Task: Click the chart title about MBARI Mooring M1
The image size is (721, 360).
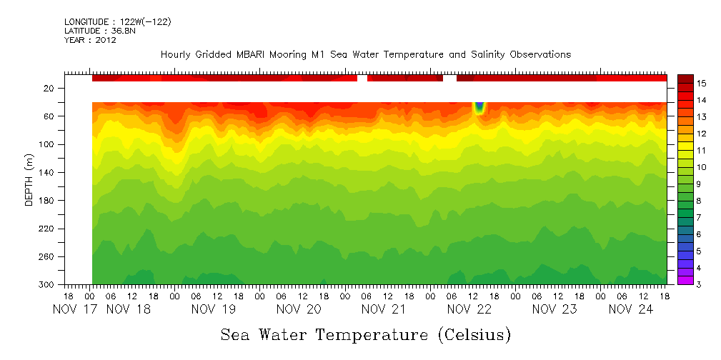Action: pyautogui.click(x=366, y=55)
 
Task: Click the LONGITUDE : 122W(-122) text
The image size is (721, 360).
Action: pyautogui.click(x=117, y=22)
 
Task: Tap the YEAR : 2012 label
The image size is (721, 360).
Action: pyautogui.click(x=90, y=40)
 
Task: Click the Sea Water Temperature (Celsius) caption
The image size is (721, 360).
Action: pyautogui.click(x=366, y=334)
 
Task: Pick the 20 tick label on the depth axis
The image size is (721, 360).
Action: pyautogui.click(x=49, y=89)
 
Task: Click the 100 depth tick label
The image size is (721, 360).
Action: pyautogui.click(x=47, y=144)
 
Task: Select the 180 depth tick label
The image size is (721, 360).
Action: pyautogui.click(x=47, y=201)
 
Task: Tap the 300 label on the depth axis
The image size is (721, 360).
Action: pyautogui.click(x=47, y=285)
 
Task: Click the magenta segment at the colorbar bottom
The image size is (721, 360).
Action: pyautogui.click(x=685, y=280)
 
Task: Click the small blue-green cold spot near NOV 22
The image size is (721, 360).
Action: pyautogui.click(x=479, y=108)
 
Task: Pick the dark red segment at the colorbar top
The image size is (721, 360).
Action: pyautogui.click(x=685, y=79)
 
